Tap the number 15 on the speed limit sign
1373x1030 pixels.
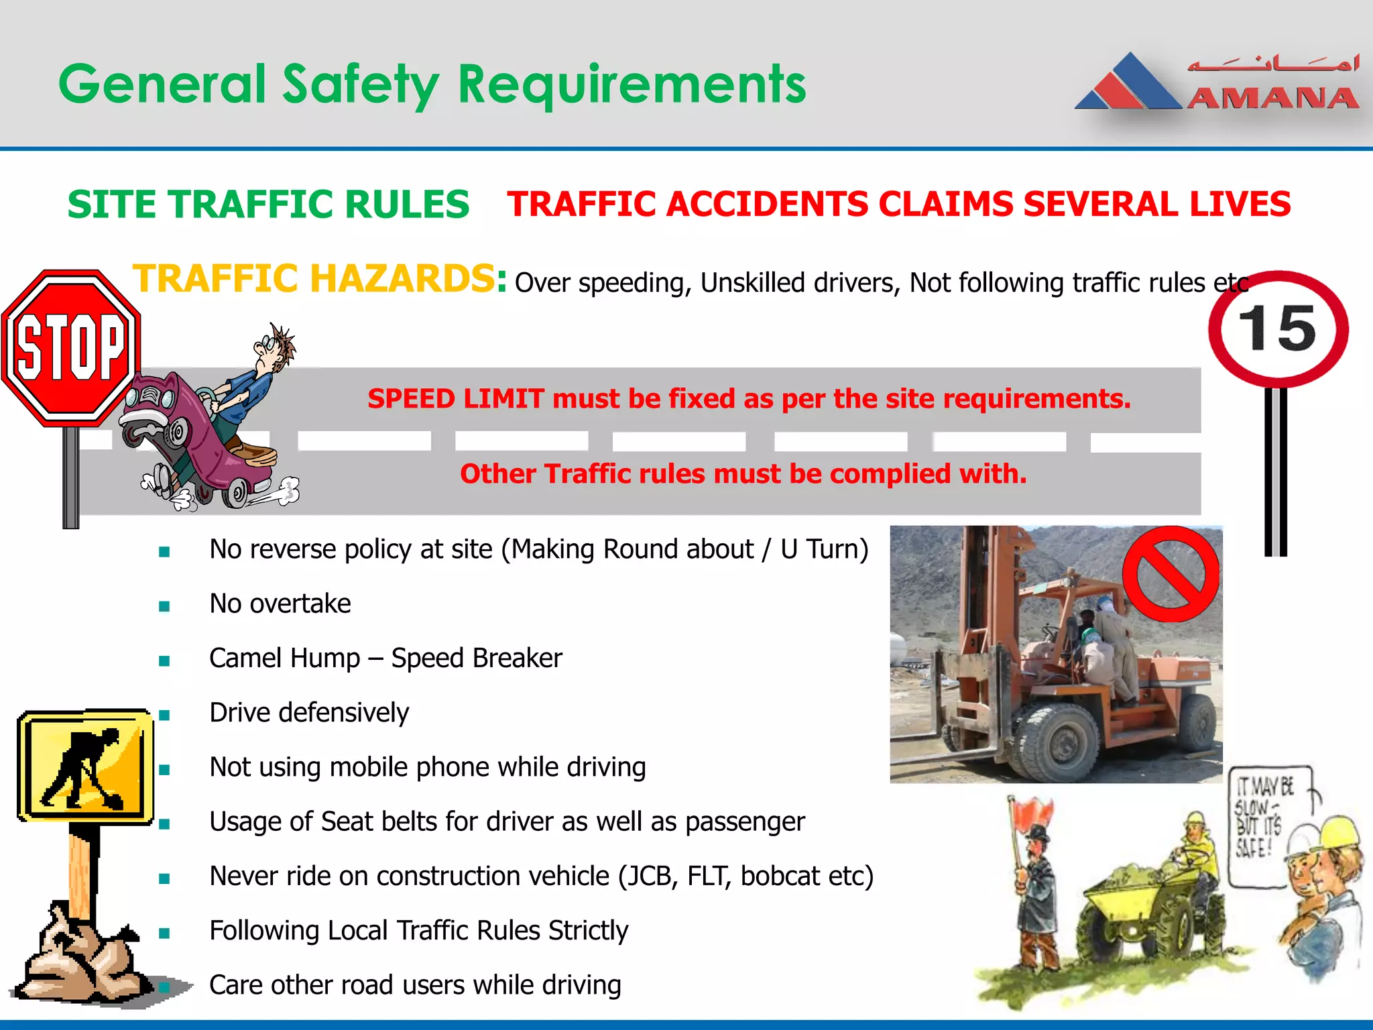[x=1277, y=329]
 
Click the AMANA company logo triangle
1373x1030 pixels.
[x=1130, y=84]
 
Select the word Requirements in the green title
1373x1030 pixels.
[x=632, y=85]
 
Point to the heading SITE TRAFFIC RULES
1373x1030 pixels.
[x=268, y=205]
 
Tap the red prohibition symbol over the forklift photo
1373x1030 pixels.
[x=1171, y=573]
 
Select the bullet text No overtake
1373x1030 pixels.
[x=280, y=604]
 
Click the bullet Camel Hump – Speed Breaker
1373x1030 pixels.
[x=385, y=658]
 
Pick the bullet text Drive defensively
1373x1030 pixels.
[x=309, y=712]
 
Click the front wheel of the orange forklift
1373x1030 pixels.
[x=1059, y=744]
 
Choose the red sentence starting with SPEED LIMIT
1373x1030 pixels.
[x=749, y=399]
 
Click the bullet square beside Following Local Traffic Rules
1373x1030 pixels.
[x=164, y=933]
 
